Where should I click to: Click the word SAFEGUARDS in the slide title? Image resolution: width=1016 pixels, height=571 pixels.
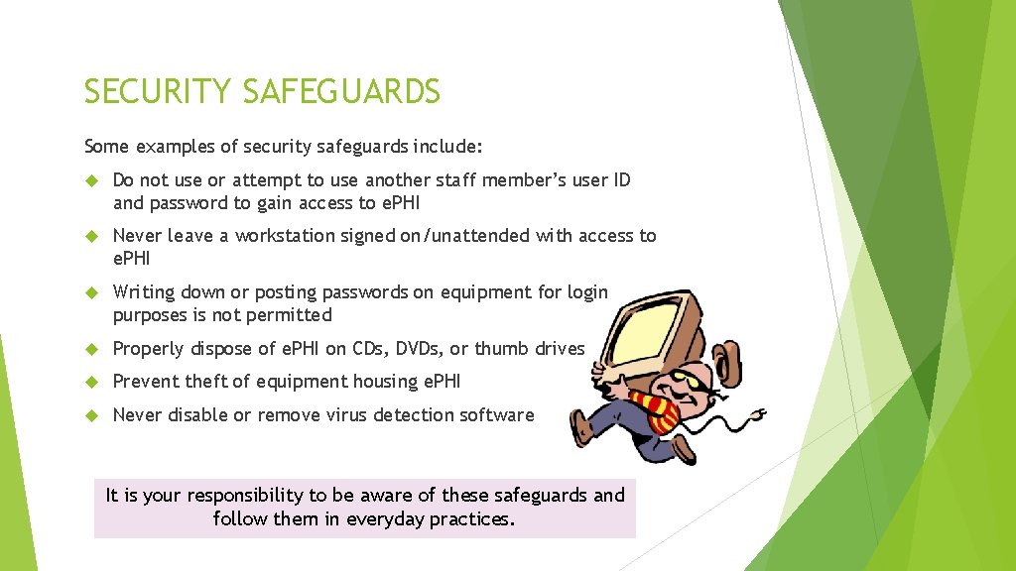click(342, 92)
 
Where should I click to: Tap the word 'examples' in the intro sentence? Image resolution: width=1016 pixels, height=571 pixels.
click(174, 147)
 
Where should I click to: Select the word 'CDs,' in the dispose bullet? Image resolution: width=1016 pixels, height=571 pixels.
click(367, 349)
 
